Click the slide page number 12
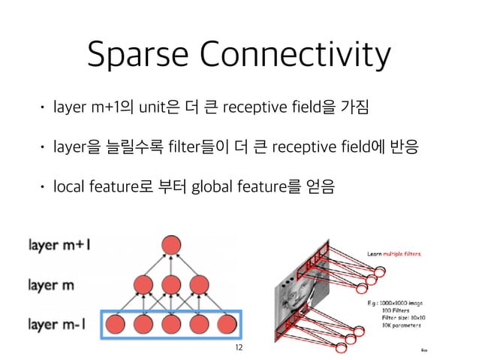tap(239, 347)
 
